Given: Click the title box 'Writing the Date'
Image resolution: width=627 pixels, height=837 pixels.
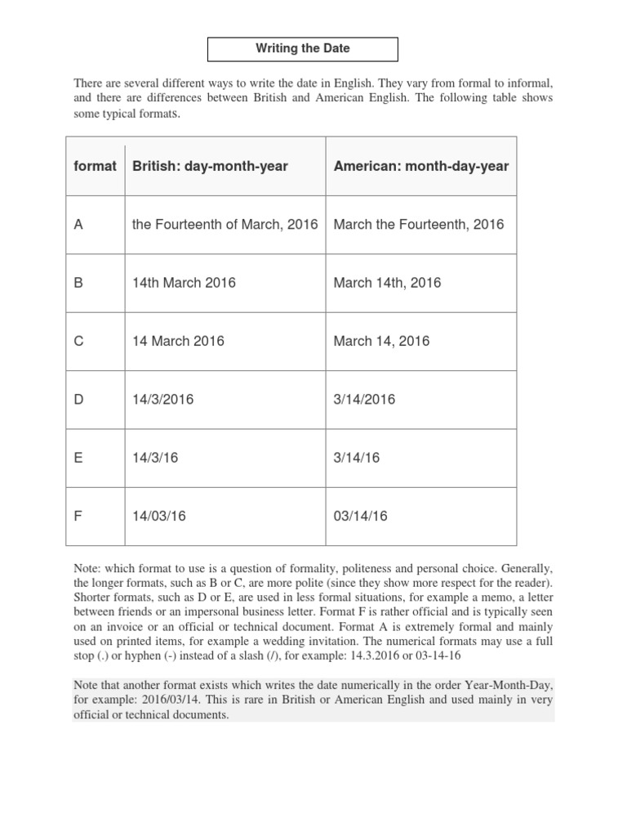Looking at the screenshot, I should (x=303, y=49).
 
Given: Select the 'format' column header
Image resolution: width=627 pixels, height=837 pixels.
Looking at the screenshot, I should (x=95, y=166).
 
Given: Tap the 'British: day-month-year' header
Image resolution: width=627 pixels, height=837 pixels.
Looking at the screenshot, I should (x=210, y=166).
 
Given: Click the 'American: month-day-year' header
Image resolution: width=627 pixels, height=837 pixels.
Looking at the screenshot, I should (x=420, y=166).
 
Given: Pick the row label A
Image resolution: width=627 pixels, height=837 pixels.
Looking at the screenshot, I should (x=79, y=224).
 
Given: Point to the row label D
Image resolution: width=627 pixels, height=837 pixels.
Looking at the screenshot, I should (x=79, y=399).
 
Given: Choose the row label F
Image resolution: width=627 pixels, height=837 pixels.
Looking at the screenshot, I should (x=78, y=516).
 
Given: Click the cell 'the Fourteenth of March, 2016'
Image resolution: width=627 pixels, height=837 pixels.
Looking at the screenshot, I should (x=225, y=224).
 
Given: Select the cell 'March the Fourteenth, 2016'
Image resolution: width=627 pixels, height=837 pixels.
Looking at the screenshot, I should (x=419, y=224).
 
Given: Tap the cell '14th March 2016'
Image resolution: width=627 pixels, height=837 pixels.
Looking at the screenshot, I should (x=184, y=283).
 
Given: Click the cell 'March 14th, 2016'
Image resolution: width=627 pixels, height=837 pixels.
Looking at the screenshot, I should (x=387, y=283).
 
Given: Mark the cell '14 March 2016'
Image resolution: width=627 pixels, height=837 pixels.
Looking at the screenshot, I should (x=178, y=341).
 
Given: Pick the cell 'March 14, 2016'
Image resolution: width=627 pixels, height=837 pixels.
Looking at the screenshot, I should (x=381, y=341).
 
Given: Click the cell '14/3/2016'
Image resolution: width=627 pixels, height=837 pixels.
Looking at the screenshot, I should (x=163, y=399).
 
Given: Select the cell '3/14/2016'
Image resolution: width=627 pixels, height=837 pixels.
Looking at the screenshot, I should (x=364, y=399).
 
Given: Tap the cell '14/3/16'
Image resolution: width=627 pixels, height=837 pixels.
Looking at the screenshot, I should (x=155, y=458).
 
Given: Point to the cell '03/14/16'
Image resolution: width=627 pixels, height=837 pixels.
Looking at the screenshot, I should (x=361, y=516).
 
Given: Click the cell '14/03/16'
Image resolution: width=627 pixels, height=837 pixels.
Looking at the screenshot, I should (x=159, y=516).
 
